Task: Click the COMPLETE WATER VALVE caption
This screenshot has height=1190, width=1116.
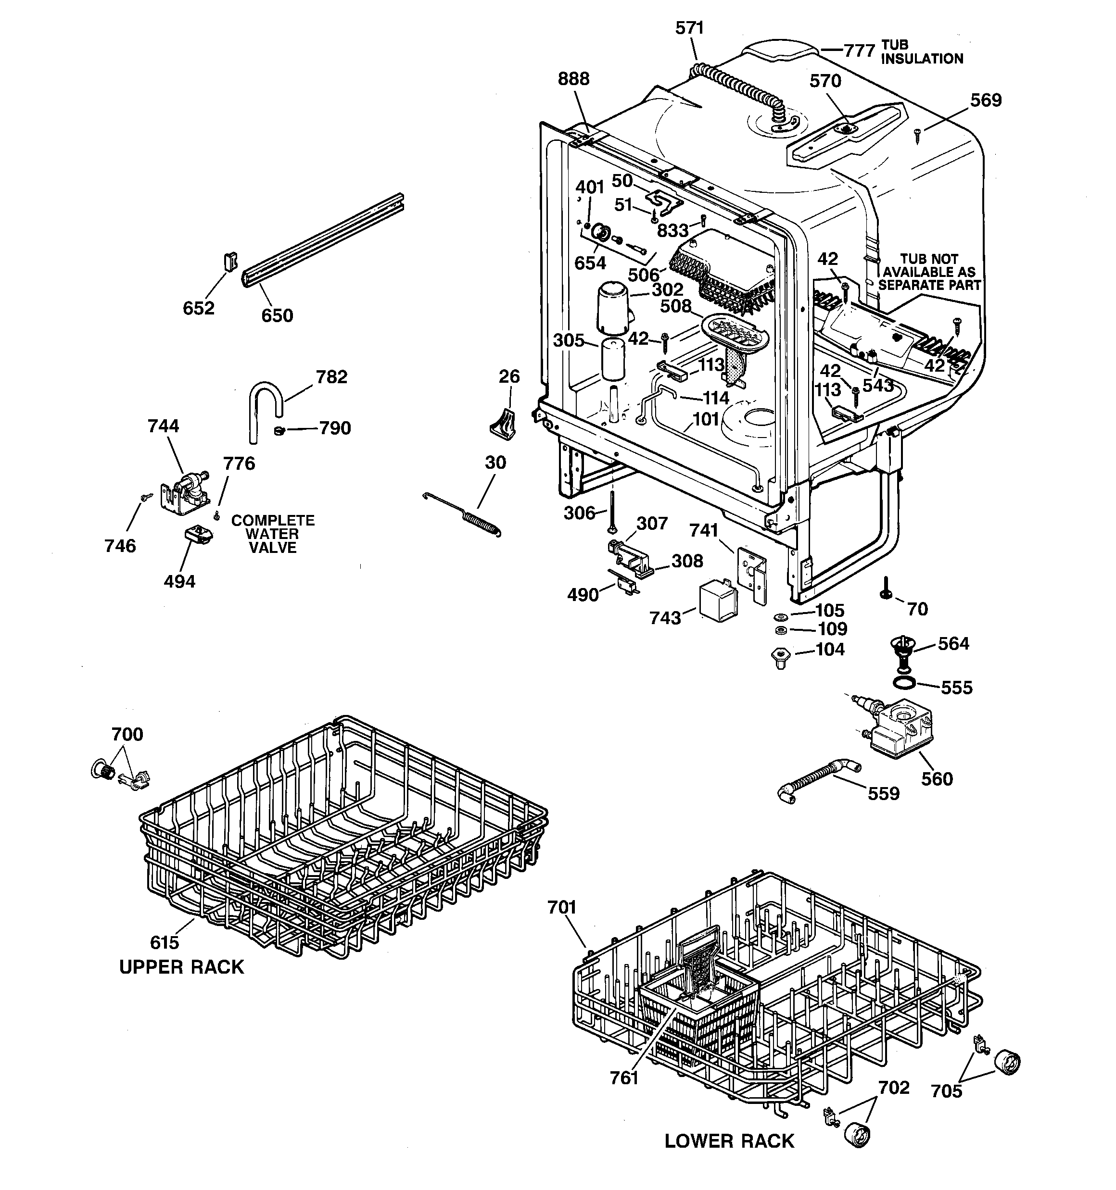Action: point(273,534)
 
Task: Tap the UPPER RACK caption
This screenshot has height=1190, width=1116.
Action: point(181,967)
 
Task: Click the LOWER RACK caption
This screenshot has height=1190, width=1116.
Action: point(729,1141)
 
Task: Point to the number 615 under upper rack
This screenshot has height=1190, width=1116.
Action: point(164,942)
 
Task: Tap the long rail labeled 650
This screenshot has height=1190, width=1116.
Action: point(323,239)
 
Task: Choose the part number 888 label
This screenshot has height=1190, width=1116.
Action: point(573,78)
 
